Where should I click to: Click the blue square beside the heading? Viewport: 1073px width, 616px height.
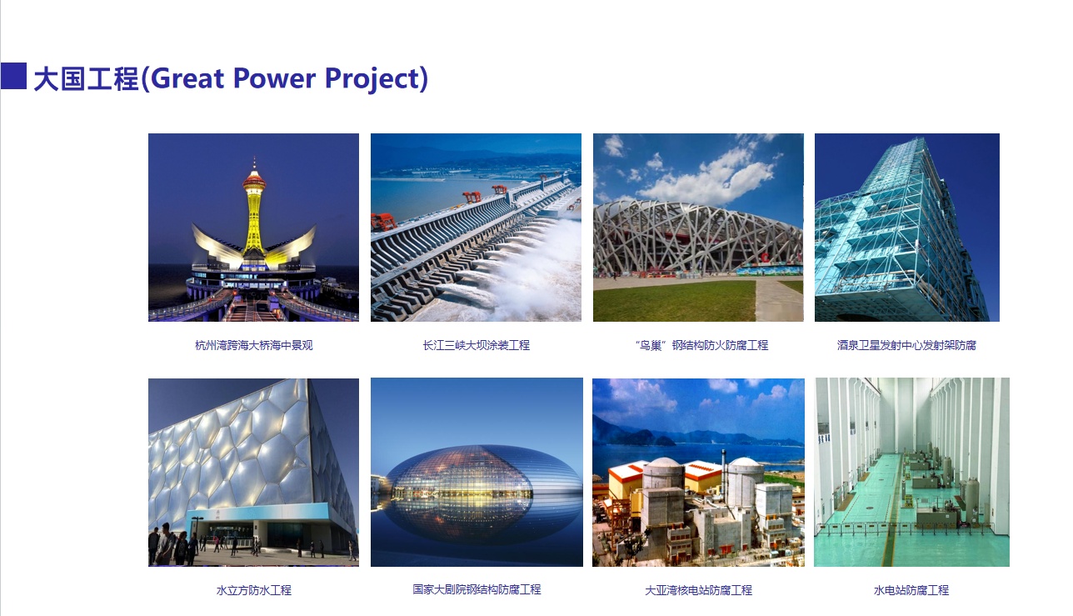pos(13,76)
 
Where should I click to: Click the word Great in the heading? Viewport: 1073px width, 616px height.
pos(187,78)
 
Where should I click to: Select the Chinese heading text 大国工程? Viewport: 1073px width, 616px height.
pos(87,78)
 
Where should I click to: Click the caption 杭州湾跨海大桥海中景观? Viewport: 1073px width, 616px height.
pos(254,345)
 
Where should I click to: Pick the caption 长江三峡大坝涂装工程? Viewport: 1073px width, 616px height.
pos(477,345)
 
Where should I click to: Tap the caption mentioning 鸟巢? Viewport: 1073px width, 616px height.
pos(701,345)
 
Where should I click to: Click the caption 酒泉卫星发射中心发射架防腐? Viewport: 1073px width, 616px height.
pos(906,345)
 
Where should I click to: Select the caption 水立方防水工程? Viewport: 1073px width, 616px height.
pos(254,590)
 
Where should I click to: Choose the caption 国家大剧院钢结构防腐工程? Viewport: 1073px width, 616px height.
pos(477,589)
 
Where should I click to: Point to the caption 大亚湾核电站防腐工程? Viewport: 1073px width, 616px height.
pos(698,590)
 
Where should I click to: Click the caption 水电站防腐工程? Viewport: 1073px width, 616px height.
pos(911,590)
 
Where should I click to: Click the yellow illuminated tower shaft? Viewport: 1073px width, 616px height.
pos(254,221)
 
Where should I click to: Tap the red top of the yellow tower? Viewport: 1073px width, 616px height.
pos(254,180)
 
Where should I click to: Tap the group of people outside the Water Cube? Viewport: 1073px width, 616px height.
pos(172,544)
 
